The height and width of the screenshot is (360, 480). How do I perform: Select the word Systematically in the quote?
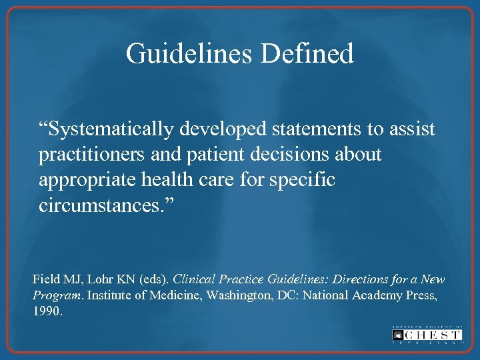point(114,129)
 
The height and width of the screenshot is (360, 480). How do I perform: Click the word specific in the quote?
point(303,181)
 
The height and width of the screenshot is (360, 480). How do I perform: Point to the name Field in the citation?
point(45,279)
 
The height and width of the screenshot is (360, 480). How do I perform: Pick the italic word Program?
point(57,295)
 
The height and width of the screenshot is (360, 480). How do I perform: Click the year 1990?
point(47,311)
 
